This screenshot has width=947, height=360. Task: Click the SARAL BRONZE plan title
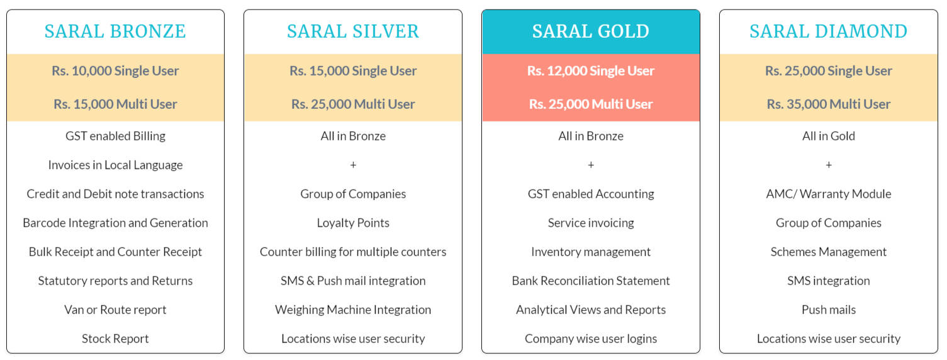115,31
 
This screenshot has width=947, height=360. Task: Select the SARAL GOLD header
590,31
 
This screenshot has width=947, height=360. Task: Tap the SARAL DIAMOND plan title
828,31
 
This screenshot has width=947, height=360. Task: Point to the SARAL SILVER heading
353,31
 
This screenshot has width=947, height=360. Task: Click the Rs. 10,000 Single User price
115,71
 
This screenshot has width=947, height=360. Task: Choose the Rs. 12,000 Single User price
590,71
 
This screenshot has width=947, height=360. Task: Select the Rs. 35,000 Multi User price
828,104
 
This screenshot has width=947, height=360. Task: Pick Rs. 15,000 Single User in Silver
353,71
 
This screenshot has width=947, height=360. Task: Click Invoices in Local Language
115,165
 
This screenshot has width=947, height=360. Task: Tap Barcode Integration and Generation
115,223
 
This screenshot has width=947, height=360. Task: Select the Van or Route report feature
115,310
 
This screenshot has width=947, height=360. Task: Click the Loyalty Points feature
353,223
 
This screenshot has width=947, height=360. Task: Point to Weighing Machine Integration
353,310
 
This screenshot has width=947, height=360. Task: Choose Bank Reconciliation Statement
590,281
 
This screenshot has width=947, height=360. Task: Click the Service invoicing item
590,223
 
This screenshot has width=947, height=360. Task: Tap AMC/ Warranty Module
828,194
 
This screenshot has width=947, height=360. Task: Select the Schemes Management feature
828,252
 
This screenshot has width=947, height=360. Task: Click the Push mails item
828,310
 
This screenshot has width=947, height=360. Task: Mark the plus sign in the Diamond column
828,165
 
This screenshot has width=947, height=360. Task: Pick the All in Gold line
828,136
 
